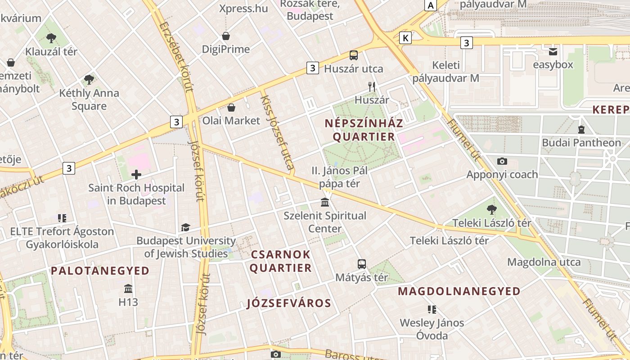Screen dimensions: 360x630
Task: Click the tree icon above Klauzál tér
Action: [x=51, y=38]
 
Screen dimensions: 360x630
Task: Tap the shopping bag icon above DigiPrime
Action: [x=226, y=36]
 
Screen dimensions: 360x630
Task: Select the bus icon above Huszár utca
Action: [x=354, y=55]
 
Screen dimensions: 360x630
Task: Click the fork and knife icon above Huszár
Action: [x=372, y=86]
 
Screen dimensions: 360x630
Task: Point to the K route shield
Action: [x=405, y=38]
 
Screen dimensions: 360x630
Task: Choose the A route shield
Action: [x=431, y=5]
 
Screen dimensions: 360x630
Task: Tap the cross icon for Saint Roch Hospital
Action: [x=136, y=175]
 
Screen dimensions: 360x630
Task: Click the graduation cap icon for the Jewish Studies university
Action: [x=185, y=228]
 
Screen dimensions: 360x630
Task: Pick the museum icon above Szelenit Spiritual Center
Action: [x=325, y=202]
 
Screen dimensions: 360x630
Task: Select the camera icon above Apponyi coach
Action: [x=502, y=161]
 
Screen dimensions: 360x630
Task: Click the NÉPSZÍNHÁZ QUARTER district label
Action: [x=364, y=130]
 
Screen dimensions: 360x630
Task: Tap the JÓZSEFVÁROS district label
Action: [x=289, y=303]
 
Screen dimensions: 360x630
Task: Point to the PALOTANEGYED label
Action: [x=100, y=271]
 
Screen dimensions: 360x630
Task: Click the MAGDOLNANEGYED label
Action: [x=459, y=292]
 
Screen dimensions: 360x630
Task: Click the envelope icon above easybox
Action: [x=553, y=51]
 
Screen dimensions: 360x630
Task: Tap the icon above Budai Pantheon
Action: [x=581, y=130]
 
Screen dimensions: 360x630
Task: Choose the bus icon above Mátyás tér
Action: [x=362, y=264]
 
